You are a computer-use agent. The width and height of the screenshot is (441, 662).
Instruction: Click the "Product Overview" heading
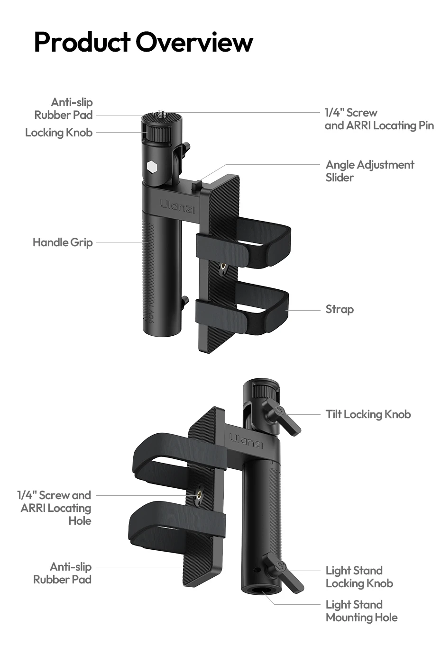pos(144,42)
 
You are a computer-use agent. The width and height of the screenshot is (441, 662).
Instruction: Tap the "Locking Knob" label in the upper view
pos(59,133)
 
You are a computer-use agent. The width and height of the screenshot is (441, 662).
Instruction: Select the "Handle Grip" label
pos(63,242)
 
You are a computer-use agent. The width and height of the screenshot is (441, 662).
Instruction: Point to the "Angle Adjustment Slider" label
pos(370,171)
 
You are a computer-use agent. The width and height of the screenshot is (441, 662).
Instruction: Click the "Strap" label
pos(340,309)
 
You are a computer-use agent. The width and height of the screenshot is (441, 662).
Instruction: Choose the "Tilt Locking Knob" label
pos(368,414)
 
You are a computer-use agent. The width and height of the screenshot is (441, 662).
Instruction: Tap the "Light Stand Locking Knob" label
pos(359,577)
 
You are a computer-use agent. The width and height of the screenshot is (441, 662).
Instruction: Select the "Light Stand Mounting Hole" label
pos(361,611)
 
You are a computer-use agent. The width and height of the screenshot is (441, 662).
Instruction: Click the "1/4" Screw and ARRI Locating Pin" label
pos(379,119)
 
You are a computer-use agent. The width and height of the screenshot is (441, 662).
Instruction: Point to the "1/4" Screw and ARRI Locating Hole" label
pos(54,508)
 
